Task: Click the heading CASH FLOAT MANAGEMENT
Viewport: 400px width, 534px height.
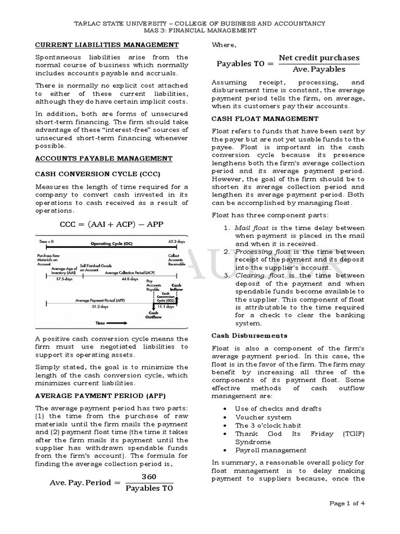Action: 265,119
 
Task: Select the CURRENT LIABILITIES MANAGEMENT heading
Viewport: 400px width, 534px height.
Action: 91,45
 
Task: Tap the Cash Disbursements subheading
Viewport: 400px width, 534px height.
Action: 249,335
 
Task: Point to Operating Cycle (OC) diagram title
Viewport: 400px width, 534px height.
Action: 111,244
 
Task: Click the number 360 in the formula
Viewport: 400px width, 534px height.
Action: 148,477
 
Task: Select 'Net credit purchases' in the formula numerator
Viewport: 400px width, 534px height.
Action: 319,57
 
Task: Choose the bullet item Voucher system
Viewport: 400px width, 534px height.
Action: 263,417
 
